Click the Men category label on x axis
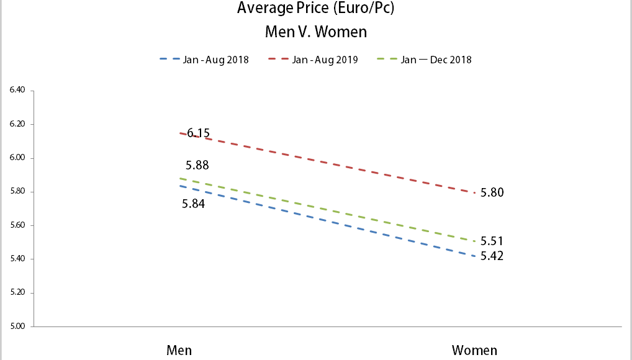click(179, 350)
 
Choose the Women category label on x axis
click(474, 350)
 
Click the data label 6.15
click(199, 133)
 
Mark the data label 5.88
click(197, 166)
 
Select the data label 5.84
click(193, 203)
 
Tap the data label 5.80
click(492, 192)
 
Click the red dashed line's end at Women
click(474, 192)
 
